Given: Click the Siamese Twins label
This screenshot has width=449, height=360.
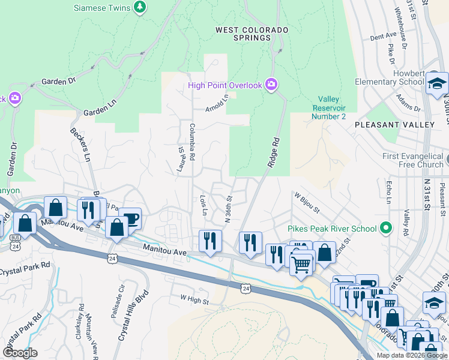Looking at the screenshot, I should pos(101,8).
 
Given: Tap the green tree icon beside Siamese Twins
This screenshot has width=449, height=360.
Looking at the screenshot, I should pos(140,7).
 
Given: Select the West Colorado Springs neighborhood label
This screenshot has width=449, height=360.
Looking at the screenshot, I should pos(252,34).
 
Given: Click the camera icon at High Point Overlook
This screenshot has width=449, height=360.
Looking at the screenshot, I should pos(271,85).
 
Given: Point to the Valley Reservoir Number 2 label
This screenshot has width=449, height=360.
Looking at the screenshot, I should pos(328,108).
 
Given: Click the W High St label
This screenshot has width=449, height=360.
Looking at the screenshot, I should pos(193,296).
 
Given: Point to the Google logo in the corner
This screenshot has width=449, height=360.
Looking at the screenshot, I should pos(20,352).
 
